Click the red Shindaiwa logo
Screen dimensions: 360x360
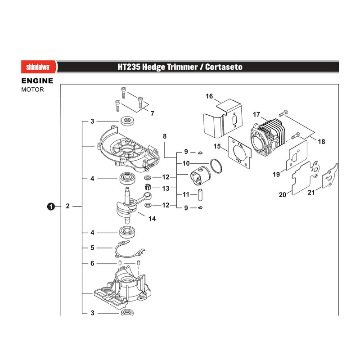(39, 67)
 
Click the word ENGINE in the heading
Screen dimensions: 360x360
(37, 81)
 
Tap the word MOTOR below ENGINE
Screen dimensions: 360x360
(32, 90)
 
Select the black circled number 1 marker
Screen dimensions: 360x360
(51, 207)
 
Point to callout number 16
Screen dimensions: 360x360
(209, 96)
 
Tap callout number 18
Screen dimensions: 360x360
(321, 142)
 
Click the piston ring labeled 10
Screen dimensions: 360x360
(216, 166)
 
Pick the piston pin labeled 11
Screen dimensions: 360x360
(200, 195)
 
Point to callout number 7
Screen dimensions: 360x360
(152, 113)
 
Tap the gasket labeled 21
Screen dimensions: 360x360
(330, 176)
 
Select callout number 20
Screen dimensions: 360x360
(283, 195)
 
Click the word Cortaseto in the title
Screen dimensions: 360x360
(224, 67)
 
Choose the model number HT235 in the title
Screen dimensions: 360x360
(129, 67)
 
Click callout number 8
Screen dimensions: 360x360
(165, 136)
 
